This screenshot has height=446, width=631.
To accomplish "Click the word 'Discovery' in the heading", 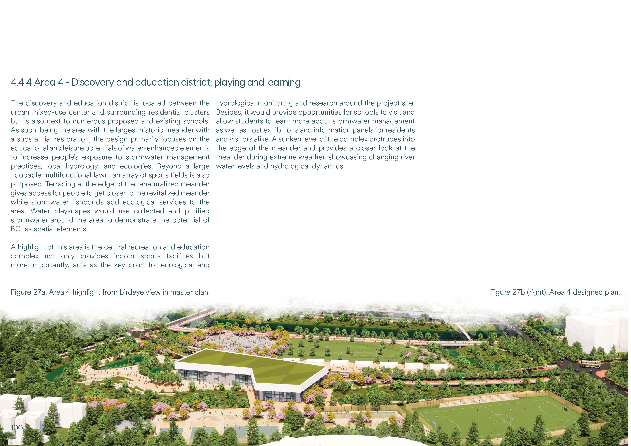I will [93, 82].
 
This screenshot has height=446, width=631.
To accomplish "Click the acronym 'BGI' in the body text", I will [16, 229].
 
